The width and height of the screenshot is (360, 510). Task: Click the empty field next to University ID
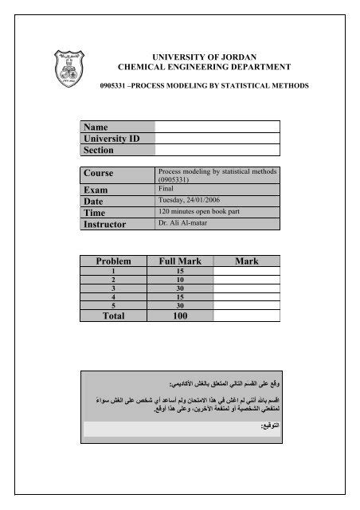click(x=217, y=138)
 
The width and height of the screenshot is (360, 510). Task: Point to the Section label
click(x=98, y=150)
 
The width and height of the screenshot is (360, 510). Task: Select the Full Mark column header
click(x=181, y=261)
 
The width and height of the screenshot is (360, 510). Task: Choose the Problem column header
click(x=117, y=261)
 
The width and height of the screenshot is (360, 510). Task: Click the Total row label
click(x=117, y=316)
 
